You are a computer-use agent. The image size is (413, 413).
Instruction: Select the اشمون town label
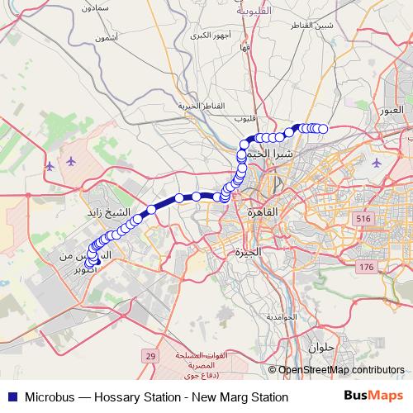click(x=107, y=38)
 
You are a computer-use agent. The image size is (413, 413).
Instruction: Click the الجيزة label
click(x=248, y=251)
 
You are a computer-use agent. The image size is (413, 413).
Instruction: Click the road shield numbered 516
click(x=361, y=218)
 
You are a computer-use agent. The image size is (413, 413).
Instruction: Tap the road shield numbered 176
click(x=367, y=267)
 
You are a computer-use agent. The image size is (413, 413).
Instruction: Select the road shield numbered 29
click(x=150, y=356)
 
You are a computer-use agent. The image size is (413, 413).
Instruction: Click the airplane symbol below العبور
click(x=378, y=162)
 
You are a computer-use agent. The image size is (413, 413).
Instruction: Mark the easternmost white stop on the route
click(x=324, y=128)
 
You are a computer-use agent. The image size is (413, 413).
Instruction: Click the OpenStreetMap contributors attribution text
click(x=341, y=371)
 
